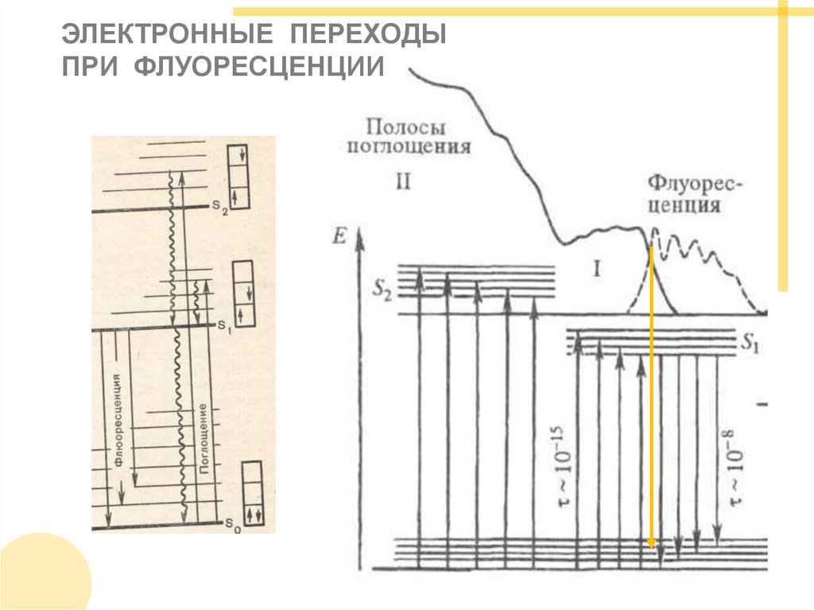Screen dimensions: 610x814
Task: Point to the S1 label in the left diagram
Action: (x=222, y=325)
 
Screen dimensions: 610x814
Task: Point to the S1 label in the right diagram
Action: (x=750, y=344)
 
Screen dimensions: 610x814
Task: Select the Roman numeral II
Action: (x=402, y=181)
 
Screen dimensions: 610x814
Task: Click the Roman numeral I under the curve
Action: (x=595, y=269)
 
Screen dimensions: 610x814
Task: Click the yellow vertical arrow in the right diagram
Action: (x=651, y=398)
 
